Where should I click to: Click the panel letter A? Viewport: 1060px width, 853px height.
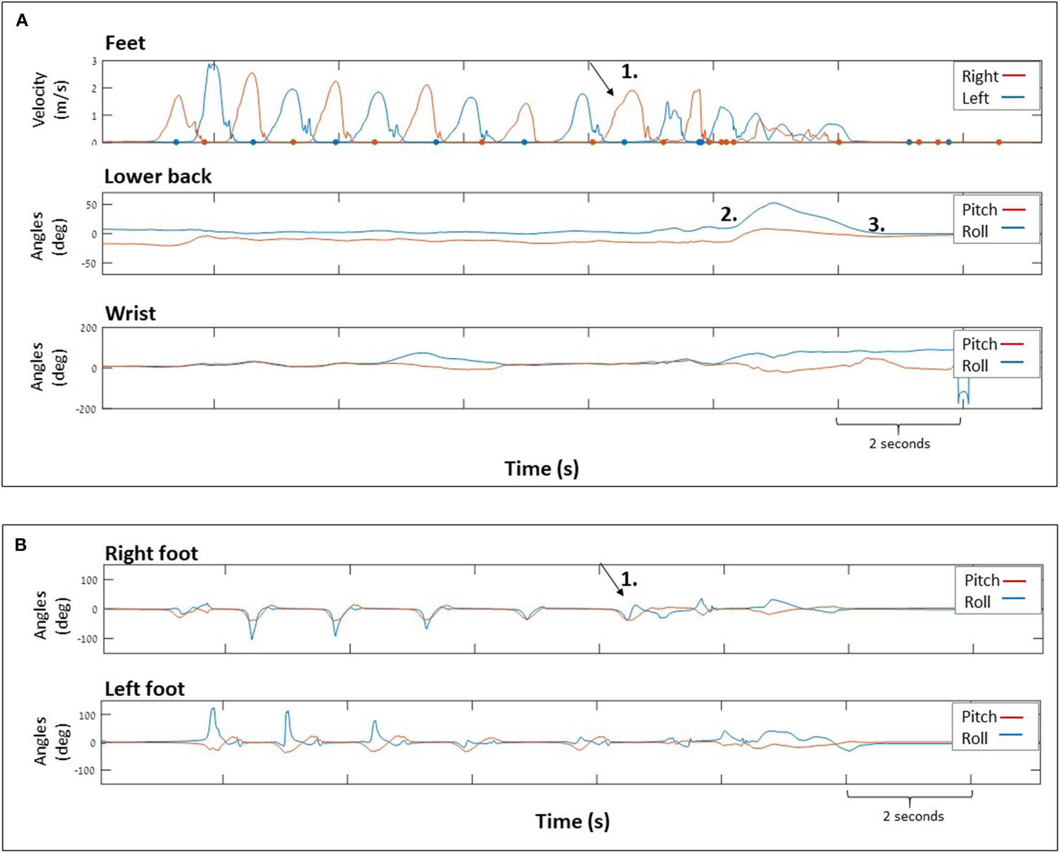pyautogui.click(x=22, y=20)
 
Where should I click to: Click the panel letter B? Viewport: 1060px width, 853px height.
pyautogui.click(x=21, y=545)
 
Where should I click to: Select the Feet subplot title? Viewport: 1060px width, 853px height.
pyautogui.click(x=125, y=43)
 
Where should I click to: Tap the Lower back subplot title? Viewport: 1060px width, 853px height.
pyautogui.click(x=158, y=176)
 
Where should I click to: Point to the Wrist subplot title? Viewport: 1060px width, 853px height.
pyautogui.click(x=131, y=314)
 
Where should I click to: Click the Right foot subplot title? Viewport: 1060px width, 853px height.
pyautogui.click(x=151, y=553)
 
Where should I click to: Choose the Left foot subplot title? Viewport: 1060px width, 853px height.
pyautogui.click(x=145, y=689)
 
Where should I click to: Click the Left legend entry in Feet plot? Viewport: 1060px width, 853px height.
pyautogui.click(x=975, y=99)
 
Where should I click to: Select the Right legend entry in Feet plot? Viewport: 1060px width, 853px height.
pyautogui.click(x=980, y=77)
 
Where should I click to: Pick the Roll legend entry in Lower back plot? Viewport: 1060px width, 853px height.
pyautogui.click(x=975, y=232)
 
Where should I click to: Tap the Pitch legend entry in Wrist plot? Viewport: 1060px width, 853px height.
pyautogui.click(x=980, y=345)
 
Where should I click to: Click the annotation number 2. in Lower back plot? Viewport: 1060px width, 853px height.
pyautogui.click(x=729, y=215)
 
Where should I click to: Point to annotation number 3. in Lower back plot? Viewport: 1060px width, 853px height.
pyautogui.click(x=876, y=224)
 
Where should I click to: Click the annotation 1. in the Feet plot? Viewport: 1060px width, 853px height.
pyautogui.click(x=629, y=72)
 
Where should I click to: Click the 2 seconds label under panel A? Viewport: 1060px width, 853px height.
pyautogui.click(x=900, y=444)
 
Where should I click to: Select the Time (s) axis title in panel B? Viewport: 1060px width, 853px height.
pyautogui.click(x=573, y=821)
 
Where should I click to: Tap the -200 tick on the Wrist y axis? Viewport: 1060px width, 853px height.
pyautogui.click(x=88, y=409)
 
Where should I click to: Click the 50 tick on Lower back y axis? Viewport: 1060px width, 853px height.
pyautogui.click(x=92, y=205)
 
